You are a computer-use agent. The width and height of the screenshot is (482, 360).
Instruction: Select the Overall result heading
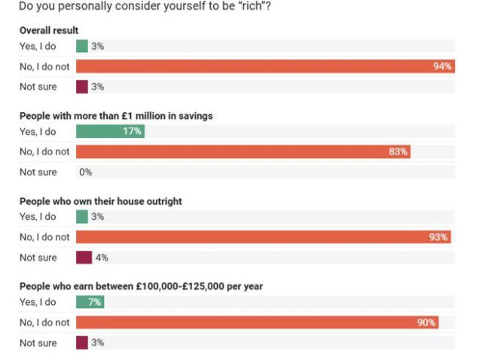[49, 31]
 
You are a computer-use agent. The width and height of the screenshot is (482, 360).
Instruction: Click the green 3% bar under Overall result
[82, 47]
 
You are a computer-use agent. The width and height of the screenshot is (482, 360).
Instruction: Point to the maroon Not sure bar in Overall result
[82, 87]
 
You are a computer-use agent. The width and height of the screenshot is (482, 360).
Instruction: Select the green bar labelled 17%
[110, 132]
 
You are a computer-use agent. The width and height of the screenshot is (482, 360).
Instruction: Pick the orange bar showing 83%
[243, 151]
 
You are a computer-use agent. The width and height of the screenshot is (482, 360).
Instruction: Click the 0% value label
[85, 172]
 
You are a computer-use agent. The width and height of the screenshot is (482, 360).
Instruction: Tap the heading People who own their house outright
[100, 201]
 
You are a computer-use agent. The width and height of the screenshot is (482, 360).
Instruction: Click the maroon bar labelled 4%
[84, 258]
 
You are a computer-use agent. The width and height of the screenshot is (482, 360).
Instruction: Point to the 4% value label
[102, 258]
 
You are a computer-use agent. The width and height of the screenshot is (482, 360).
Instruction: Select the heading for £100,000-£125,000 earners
[140, 286]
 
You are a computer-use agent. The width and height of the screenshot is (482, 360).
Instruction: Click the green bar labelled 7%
[90, 302]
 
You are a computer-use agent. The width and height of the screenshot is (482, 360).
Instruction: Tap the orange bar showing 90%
[257, 322]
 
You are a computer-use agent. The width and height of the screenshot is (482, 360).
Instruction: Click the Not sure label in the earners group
[38, 343]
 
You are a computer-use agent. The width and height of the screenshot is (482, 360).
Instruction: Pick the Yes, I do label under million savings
[38, 132]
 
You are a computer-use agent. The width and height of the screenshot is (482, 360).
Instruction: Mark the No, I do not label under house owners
[44, 236]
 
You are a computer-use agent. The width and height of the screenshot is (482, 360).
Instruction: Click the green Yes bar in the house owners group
[82, 217]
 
